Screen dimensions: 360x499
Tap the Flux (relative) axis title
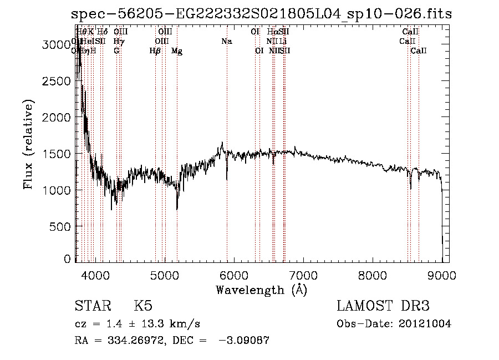pos(28,144)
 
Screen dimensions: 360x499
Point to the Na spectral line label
pos(226,41)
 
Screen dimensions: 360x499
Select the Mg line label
pos(177,51)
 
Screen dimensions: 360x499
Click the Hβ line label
pos(155,51)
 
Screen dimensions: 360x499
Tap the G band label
pos(116,51)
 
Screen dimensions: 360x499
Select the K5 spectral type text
pos(143,306)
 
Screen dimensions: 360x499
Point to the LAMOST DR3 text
pos(383,306)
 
